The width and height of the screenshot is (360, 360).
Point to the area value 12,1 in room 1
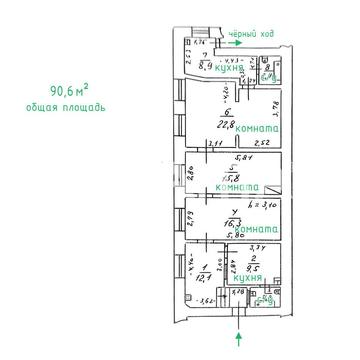pos(205,275)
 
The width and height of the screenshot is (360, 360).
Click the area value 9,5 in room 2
pos(252,269)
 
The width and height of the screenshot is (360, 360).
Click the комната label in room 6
pos(253,129)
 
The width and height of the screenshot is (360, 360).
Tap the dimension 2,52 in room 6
pos(257,144)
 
